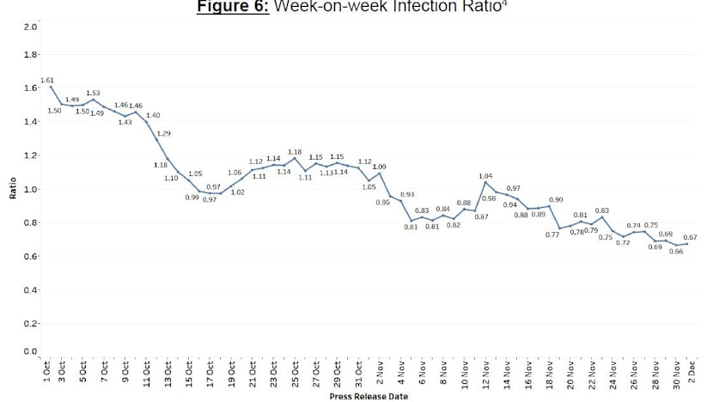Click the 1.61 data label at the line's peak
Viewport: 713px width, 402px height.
point(46,79)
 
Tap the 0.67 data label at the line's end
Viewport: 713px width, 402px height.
point(690,237)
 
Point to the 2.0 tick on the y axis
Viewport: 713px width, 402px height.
point(30,27)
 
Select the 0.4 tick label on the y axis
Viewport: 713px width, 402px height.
point(30,290)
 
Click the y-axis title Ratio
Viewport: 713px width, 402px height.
point(13,188)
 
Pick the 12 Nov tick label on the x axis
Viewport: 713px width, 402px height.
point(485,375)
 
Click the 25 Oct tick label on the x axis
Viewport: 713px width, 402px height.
point(295,375)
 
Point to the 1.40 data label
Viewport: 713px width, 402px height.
point(153,115)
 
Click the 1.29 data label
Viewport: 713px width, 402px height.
point(164,133)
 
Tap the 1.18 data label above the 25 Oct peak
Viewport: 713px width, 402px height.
point(295,151)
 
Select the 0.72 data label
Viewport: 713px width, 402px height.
point(623,243)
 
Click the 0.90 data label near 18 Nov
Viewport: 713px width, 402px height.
point(556,199)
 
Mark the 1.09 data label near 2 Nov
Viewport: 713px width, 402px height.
point(379,166)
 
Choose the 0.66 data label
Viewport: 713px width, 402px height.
point(675,251)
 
